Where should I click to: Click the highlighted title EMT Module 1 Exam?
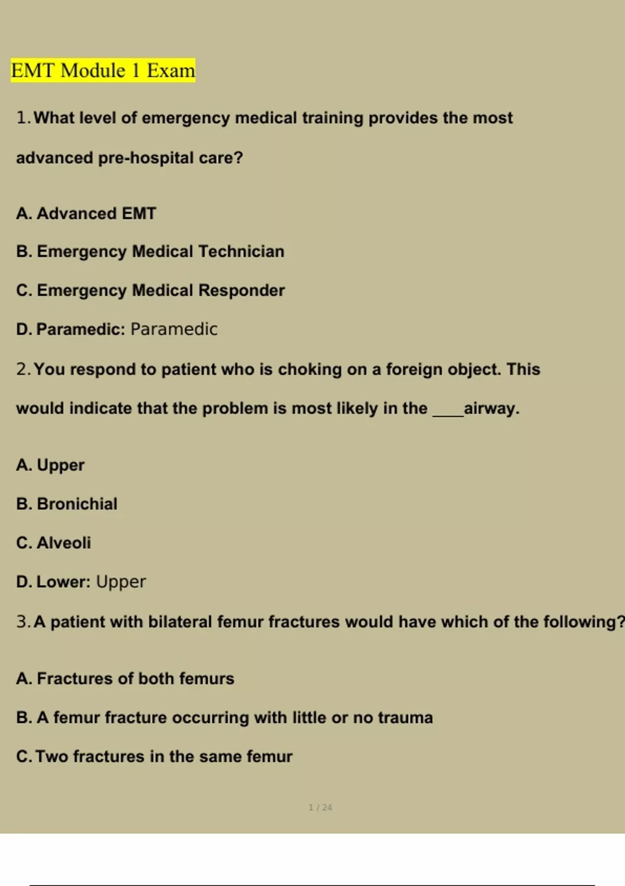click(103, 70)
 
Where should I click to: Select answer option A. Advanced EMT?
click(86, 214)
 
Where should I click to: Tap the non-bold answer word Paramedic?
click(174, 329)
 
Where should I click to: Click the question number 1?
click(22, 118)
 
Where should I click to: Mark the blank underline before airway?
click(447, 414)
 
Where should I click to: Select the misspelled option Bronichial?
click(77, 504)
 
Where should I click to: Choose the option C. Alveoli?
click(54, 543)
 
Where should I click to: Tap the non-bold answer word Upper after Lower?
click(121, 582)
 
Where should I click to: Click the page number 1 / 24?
click(320, 807)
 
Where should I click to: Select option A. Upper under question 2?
click(50, 465)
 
